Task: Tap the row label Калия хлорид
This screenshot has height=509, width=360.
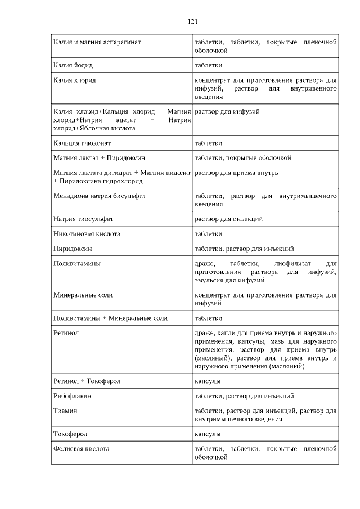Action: (x=74, y=80)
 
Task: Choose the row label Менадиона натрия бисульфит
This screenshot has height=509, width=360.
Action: (x=100, y=196)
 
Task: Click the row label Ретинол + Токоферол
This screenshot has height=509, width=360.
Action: (x=87, y=381)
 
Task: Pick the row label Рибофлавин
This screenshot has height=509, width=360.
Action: (x=73, y=396)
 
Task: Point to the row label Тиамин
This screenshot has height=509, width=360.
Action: (x=65, y=411)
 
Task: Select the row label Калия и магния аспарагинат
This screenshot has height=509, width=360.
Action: (x=97, y=42)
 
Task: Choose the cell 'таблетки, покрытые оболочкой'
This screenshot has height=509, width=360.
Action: (x=242, y=157)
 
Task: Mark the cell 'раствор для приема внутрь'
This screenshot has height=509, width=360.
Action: (x=236, y=173)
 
